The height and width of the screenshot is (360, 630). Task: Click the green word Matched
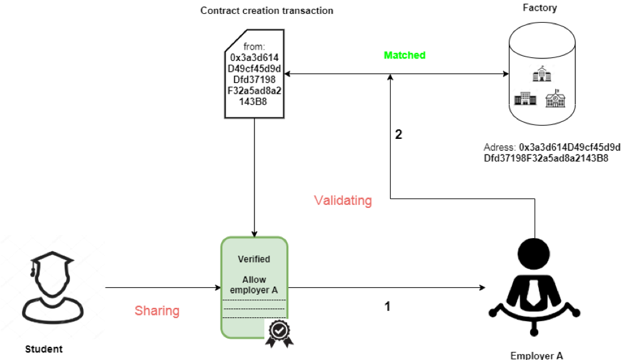point(405,55)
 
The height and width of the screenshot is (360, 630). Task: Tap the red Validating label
point(342,201)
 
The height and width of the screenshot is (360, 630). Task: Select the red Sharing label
point(157,311)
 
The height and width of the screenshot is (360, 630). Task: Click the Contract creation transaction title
point(266,11)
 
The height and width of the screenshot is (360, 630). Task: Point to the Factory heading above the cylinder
point(540,8)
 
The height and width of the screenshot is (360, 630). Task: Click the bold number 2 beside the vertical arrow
point(398,134)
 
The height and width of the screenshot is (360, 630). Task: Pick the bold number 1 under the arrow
point(388,307)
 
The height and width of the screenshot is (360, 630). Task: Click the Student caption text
point(44,349)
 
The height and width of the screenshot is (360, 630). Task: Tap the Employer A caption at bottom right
point(536,356)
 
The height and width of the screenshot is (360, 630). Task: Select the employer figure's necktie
point(535,288)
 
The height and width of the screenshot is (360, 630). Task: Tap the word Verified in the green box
point(254,259)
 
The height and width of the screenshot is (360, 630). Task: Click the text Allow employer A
point(254,284)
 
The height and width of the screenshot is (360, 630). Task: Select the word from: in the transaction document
point(254,47)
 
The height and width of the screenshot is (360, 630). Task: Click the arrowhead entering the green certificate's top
point(254,233)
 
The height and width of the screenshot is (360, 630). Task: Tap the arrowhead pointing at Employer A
point(482,288)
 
